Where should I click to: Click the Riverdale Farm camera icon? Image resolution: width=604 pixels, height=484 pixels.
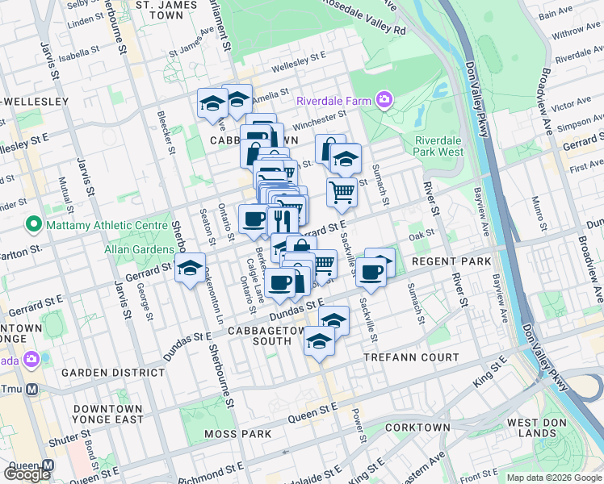click(x=384, y=101)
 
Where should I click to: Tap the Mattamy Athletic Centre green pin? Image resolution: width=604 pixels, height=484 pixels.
click(x=34, y=223)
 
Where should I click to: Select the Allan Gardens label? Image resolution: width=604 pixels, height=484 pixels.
click(x=138, y=249)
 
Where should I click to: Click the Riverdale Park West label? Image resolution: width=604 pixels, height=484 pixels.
click(x=439, y=145)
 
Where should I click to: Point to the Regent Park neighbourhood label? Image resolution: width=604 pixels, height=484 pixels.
click(x=451, y=263)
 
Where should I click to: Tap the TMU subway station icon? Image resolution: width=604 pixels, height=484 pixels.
click(x=33, y=389)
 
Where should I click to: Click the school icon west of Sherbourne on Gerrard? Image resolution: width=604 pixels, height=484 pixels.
click(x=191, y=269)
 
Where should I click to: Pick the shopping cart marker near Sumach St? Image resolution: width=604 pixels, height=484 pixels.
click(x=342, y=192)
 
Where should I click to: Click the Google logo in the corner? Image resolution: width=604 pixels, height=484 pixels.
click(x=27, y=474)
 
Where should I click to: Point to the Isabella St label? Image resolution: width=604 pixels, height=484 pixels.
click(x=78, y=56)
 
